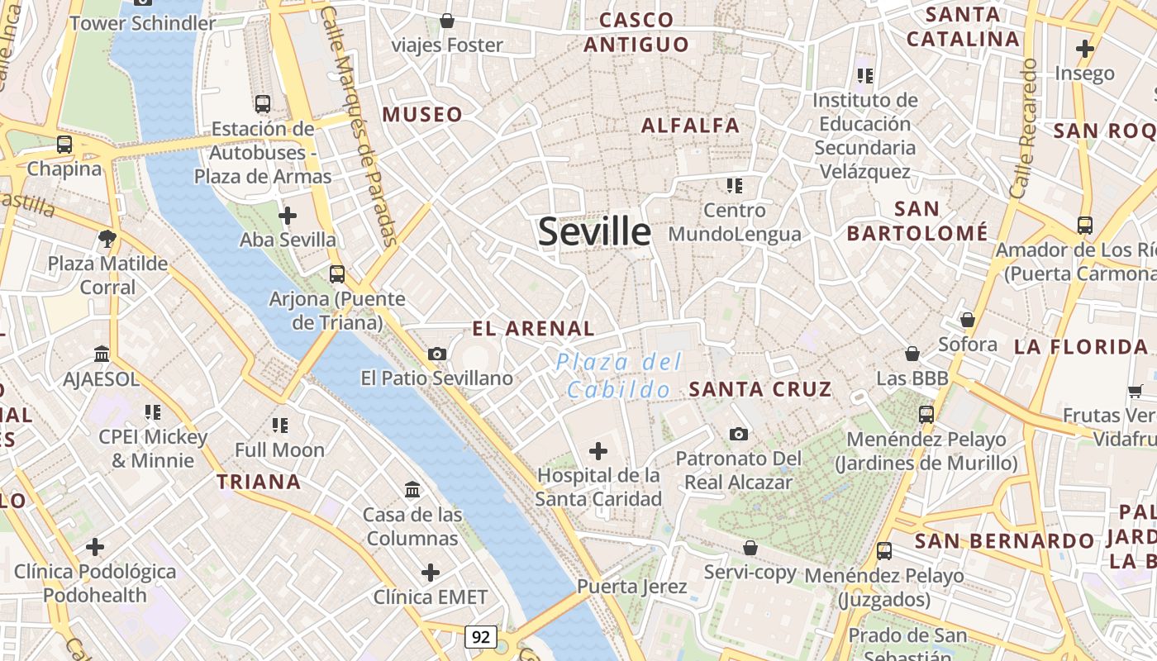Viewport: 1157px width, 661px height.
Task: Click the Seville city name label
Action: click(x=594, y=232)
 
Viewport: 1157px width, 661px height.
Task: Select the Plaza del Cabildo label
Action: click(x=619, y=375)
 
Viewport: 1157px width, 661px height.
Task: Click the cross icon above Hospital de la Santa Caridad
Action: click(x=598, y=451)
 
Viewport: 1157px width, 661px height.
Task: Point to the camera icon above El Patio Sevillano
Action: click(x=437, y=354)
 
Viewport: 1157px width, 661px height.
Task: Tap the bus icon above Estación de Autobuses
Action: click(x=263, y=104)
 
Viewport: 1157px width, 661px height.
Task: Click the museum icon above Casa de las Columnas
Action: click(x=412, y=490)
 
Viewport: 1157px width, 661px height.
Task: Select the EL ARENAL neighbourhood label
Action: click(x=533, y=329)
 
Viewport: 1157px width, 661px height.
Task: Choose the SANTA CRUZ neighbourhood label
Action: click(x=759, y=389)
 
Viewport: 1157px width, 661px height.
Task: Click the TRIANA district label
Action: click(x=259, y=482)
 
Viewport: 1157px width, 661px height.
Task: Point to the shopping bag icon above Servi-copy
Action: click(x=750, y=548)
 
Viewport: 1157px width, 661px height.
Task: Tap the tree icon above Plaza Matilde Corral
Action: click(x=107, y=240)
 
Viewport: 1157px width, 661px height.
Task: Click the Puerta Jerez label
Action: click(x=631, y=587)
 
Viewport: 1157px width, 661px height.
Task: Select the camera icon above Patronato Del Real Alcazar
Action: click(x=738, y=434)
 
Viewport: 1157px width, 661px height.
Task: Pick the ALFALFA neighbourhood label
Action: click(x=690, y=126)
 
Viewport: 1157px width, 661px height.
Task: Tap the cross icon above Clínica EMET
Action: click(x=430, y=573)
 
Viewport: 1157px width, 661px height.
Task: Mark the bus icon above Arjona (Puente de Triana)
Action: click(x=337, y=273)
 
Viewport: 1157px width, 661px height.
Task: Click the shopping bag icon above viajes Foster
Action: click(x=447, y=21)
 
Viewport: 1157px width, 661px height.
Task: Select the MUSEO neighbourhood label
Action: click(x=422, y=115)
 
